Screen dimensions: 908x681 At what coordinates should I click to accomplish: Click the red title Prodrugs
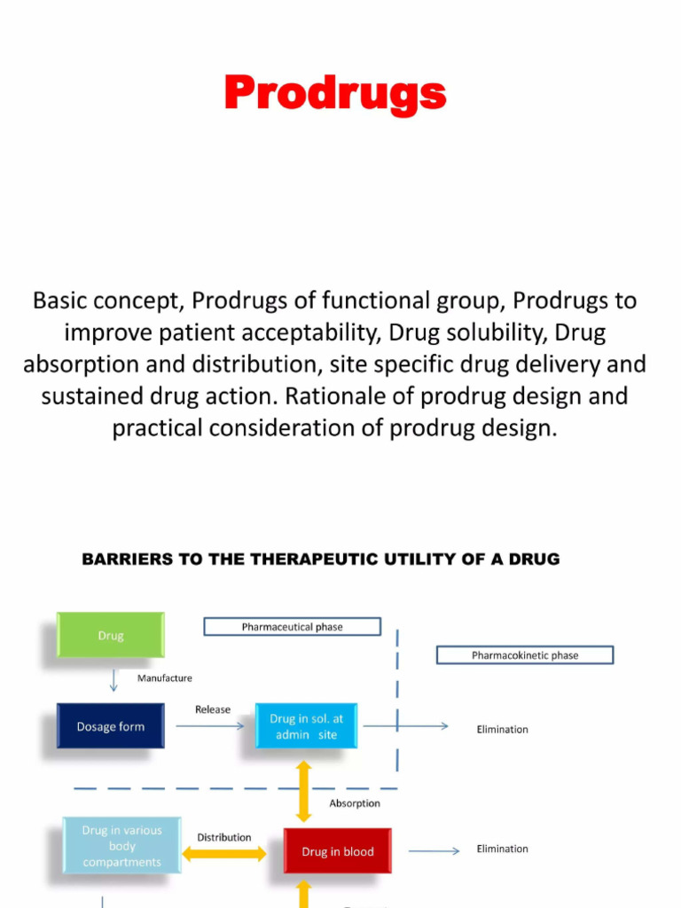334,93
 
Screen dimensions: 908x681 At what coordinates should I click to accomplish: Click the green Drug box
111,635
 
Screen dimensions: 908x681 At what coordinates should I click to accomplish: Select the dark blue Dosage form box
111,726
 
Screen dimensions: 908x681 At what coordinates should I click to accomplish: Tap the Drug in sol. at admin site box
307,726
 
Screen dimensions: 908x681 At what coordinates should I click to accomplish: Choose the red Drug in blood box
337,851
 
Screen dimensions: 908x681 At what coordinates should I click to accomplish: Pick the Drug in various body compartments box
122,846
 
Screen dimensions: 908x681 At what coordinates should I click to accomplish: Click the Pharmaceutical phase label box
292,627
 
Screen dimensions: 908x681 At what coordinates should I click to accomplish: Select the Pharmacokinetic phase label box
525,655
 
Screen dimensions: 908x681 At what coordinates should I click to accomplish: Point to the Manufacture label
165,678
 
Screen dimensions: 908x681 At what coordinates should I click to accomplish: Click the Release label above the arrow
213,709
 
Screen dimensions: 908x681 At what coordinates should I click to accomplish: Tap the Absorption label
355,803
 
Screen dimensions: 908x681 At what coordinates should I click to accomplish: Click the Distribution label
223,837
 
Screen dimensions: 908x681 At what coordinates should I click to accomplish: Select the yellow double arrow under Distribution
224,854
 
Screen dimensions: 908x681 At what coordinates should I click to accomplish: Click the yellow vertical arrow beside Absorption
304,790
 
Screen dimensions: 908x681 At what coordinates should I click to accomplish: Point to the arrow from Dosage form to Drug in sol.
209,726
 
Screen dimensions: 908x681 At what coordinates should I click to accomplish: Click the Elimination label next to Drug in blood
502,849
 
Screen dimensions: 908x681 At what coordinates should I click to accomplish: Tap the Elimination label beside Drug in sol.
502,730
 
